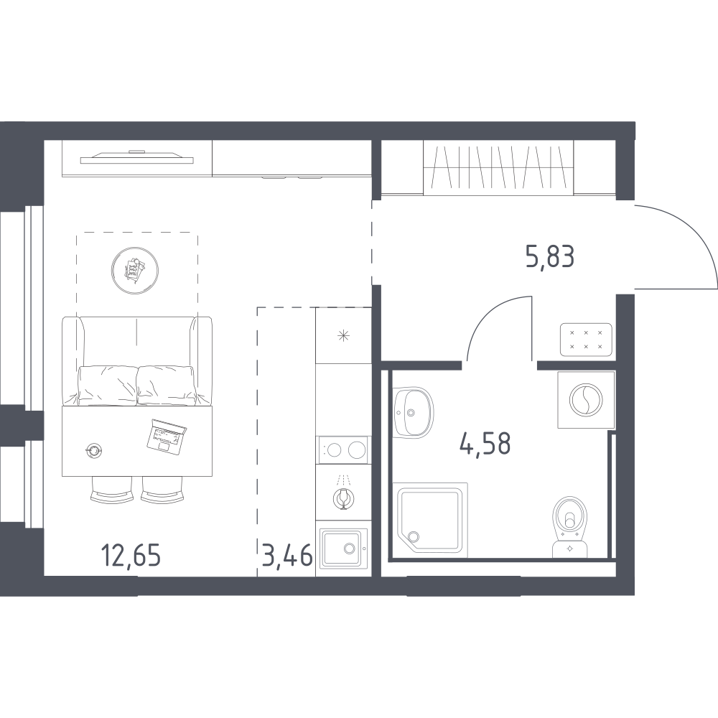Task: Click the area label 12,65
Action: [131, 556]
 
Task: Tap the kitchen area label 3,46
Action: [288, 556]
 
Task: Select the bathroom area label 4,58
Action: [485, 444]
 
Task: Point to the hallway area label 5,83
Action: [550, 256]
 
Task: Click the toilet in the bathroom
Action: [569, 526]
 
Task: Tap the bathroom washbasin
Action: [413, 412]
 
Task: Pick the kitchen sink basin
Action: [343, 549]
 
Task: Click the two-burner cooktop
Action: [343, 450]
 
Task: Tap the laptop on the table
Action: [166, 437]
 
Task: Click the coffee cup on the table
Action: [94, 450]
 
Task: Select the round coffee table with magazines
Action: [135, 270]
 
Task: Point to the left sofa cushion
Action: [108, 385]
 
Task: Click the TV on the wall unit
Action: [137, 157]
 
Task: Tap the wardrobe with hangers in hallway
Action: [498, 167]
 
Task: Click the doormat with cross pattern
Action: [586, 340]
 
